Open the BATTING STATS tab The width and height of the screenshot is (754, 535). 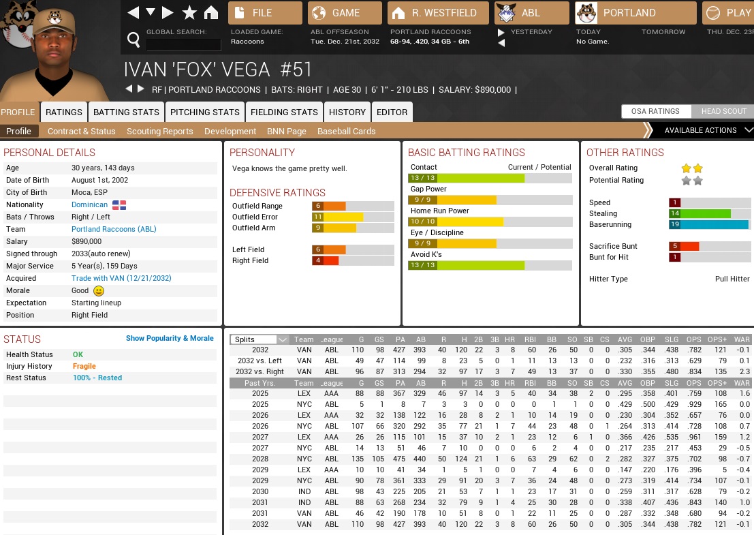click(x=126, y=112)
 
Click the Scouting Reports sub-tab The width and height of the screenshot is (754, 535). click(x=160, y=131)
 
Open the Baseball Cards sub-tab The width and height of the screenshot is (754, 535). click(x=346, y=131)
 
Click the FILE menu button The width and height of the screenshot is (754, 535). click(x=265, y=13)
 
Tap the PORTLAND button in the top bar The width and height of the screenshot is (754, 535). click(x=635, y=13)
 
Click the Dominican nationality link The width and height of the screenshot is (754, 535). click(x=89, y=204)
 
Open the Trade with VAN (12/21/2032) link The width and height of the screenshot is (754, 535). click(x=121, y=278)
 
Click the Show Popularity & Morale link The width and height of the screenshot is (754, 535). click(x=170, y=338)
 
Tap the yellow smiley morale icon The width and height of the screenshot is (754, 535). click(x=99, y=291)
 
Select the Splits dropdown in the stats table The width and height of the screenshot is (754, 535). click(x=260, y=339)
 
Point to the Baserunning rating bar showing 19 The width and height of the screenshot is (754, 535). click(x=708, y=224)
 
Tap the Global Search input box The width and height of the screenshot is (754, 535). click(x=183, y=45)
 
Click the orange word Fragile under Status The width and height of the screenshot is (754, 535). click(x=84, y=366)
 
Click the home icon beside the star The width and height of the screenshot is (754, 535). click(x=211, y=13)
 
